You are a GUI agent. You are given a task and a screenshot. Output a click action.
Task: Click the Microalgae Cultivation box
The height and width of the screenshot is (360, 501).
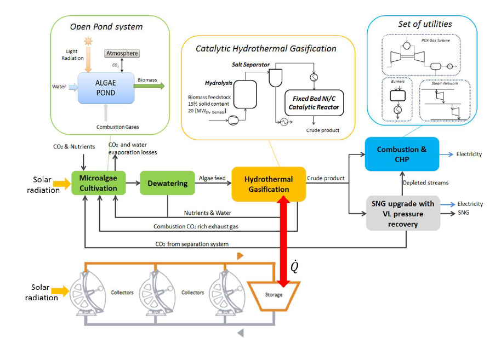click(99, 184)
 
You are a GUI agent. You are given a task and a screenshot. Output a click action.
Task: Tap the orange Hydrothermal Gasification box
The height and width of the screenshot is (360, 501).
click(268, 184)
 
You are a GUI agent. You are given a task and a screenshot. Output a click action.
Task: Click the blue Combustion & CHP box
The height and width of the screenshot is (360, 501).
click(402, 154)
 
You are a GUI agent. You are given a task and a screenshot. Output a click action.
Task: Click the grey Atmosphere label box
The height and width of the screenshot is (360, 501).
click(122, 54)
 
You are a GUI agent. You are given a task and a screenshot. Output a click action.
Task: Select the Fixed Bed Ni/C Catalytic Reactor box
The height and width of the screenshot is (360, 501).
click(314, 103)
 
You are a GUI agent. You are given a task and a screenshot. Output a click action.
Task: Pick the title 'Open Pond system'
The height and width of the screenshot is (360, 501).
click(106, 27)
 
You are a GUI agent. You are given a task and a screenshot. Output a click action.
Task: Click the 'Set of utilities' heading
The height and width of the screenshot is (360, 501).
click(425, 24)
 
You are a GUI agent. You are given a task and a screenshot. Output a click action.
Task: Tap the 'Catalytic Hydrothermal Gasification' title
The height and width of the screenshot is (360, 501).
click(266, 49)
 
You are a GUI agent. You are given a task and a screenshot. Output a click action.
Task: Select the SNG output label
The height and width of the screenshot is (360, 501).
click(463, 213)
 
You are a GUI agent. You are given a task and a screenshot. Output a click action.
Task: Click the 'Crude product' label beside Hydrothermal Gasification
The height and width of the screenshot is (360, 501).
click(326, 178)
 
